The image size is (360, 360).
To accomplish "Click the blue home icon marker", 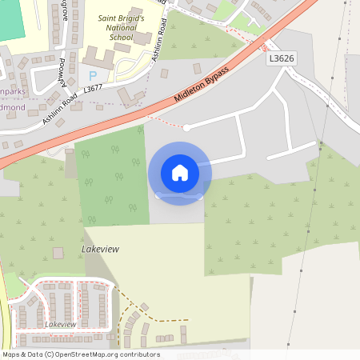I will click(x=180, y=172).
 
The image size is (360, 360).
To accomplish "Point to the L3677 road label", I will click(x=93, y=90).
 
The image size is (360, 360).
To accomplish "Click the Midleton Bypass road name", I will click(x=201, y=84).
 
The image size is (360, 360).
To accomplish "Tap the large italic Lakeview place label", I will click(x=100, y=250).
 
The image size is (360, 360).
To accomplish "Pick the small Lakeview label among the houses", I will click(x=60, y=324).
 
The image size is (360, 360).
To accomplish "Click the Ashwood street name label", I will click(x=62, y=74).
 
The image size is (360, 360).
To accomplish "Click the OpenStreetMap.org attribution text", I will click(x=104, y=354).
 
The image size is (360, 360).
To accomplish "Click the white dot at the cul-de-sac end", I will click(x=186, y=127).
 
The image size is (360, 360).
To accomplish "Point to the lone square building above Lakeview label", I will click(x=58, y=253).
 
